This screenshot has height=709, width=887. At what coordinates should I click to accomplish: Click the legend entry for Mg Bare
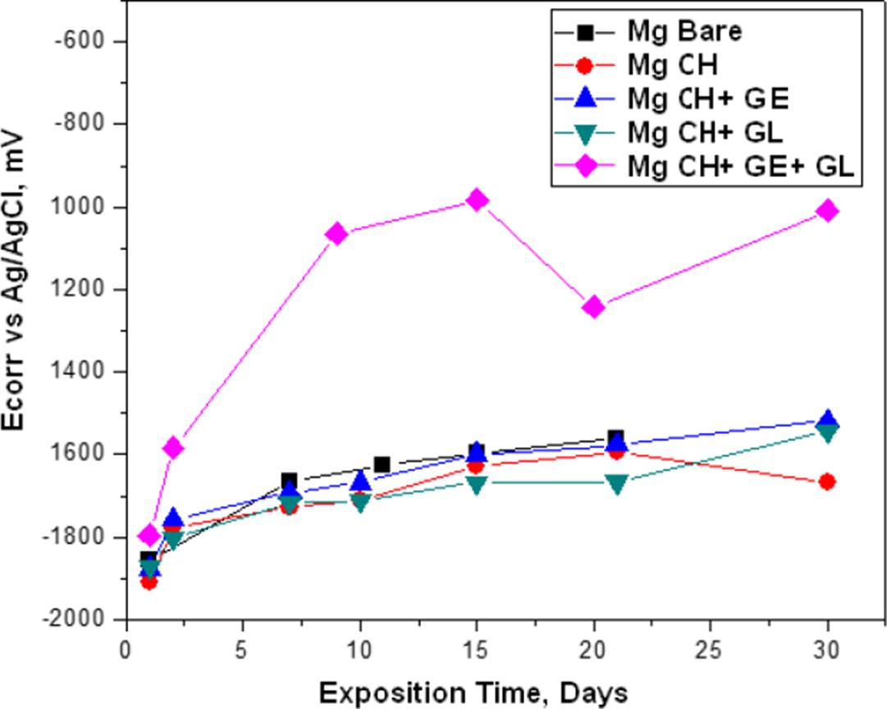(x=685, y=32)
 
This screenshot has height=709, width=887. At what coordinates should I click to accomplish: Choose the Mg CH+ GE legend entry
(x=707, y=98)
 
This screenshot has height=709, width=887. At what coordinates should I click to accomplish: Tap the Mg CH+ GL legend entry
(x=705, y=132)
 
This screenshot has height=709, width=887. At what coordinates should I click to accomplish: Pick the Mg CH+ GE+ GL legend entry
(x=741, y=166)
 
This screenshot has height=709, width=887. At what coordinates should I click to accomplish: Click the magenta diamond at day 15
(x=477, y=199)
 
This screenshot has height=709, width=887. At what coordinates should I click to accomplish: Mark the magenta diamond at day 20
(x=593, y=307)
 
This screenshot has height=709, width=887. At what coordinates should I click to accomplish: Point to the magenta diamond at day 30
(x=827, y=211)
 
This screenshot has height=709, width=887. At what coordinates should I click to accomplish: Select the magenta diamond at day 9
(x=336, y=234)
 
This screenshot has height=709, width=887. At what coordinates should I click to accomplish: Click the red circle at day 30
(x=827, y=482)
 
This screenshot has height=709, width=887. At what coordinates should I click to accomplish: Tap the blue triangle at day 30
(x=827, y=419)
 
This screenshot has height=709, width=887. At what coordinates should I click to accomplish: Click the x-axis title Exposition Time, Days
(x=473, y=692)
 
